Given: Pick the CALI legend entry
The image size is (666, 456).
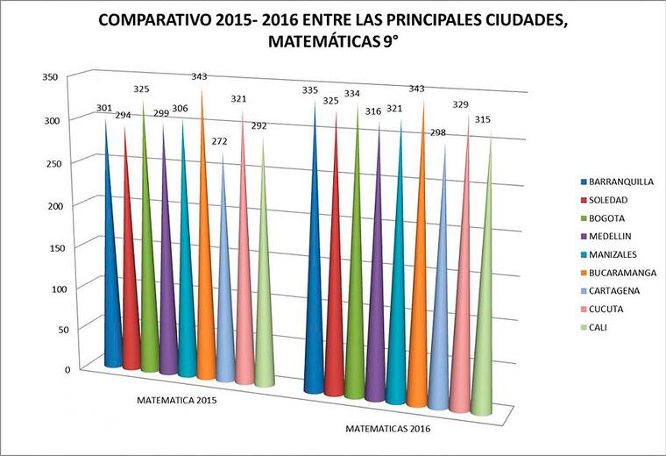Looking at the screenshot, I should point(599,327).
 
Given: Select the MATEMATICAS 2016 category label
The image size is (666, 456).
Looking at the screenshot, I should point(386,431).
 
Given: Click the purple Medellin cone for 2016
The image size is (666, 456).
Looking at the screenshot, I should point(375,316).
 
